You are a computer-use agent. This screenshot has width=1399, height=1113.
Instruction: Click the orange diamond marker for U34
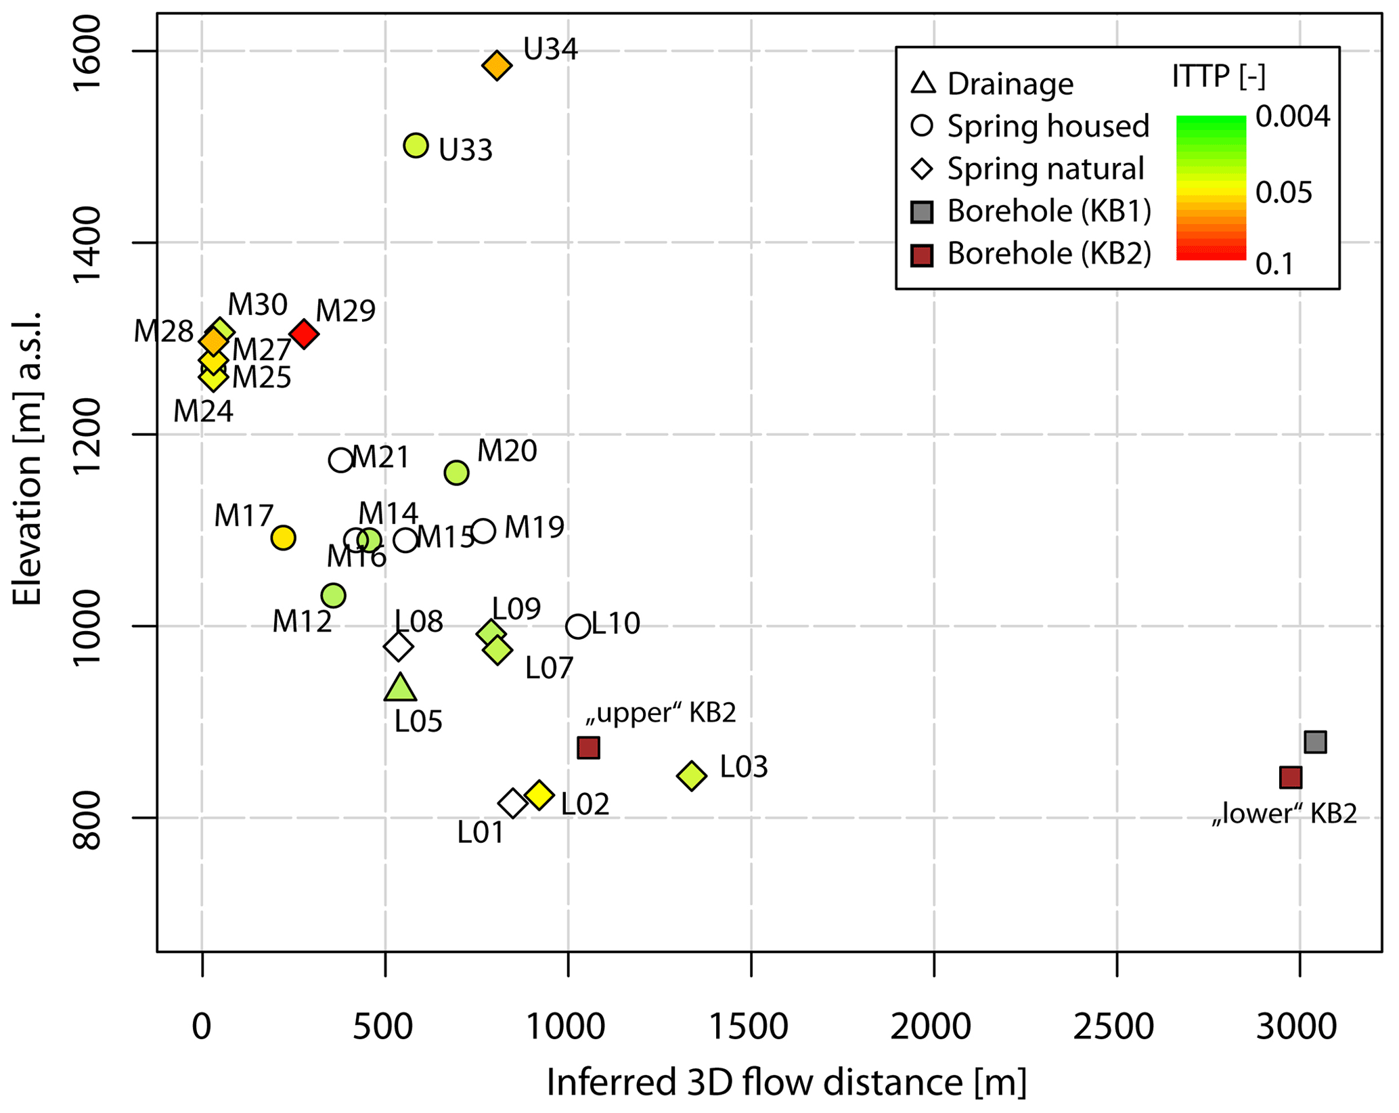click(x=497, y=66)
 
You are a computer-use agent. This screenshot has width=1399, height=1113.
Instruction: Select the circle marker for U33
click(x=416, y=145)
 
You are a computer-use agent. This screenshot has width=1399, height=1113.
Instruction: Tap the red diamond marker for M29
click(x=304, y=334)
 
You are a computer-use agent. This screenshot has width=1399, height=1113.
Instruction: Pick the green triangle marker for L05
click(x=400, y=689)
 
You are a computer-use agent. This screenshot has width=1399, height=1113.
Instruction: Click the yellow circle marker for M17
click(x=283, y=538)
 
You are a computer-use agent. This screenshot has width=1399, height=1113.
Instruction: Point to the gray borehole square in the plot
click(x=1315, y=742)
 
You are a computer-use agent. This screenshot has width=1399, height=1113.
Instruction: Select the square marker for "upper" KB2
click(x=588, y=748)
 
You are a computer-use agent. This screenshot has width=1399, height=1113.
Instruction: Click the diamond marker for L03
click(x=691, y=775)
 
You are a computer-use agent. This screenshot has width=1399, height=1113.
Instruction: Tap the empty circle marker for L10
click(x=577, y=627)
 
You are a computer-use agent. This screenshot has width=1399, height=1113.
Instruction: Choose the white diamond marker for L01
click(x=512, y=804)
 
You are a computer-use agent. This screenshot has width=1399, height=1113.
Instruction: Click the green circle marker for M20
click(x=456, y=473)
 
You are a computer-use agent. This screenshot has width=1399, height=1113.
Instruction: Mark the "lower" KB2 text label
click(x=1284, y=814)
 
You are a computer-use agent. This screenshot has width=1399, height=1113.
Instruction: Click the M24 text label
click(x=203, y=412)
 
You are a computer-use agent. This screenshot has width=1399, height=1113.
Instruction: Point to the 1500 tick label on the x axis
click(x=749, y=1026)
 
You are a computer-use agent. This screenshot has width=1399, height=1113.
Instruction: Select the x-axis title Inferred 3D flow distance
click(x=786, y=1082)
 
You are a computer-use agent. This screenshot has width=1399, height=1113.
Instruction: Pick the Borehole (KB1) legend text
click(x=1049, y=211)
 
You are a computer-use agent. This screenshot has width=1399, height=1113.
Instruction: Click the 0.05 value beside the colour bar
click(x=1283, y=193)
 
